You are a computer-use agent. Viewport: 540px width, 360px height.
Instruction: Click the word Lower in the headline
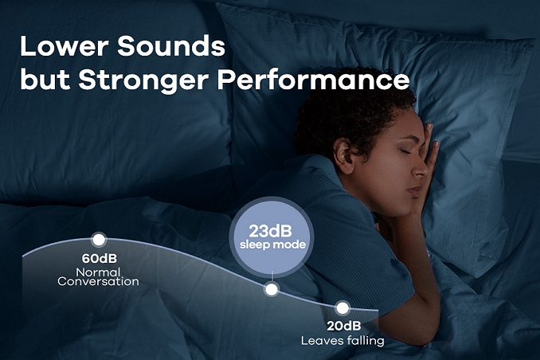click(65, 46)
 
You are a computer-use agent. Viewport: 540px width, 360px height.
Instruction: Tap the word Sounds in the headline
click(171, 46)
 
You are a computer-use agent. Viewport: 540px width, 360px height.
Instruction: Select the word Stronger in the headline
click(143, 81)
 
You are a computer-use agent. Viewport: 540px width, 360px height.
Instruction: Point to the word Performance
click(313, 80)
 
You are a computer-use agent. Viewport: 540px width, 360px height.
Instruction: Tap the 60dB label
click(100, 258)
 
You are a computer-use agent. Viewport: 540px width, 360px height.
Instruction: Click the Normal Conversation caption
click(99, 276)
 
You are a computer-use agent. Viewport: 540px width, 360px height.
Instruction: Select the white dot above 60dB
click(99, 240)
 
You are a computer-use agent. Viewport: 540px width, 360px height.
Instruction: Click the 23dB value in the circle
click(270, 231)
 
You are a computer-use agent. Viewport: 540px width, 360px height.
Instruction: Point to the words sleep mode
click(272, 245)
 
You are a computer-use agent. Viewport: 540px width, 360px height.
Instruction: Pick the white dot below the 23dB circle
click(272, 289)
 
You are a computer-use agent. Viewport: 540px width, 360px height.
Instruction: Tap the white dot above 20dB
click(342, 308)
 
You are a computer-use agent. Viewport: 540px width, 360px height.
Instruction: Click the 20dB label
click(344, 326)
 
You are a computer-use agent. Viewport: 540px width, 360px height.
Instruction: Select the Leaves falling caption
click(342, 341)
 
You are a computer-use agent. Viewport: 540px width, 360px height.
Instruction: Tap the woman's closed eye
click(404, 151)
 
